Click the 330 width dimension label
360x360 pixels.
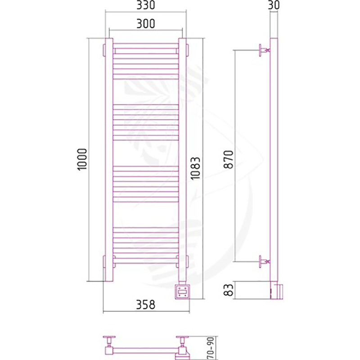coord(146,5)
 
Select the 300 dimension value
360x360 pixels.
coord(146,23)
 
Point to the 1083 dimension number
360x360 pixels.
coord(195,168)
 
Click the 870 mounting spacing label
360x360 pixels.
coord(229,159)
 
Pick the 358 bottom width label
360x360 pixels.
coord(146,305)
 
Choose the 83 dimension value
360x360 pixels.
coord(229,290)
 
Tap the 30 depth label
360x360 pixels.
coord(274,5)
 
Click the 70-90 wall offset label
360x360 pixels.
coord(210,348)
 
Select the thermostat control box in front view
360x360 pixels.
coord(182,292)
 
